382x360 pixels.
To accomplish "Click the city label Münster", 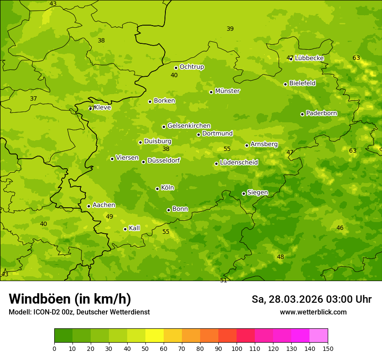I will coord(227,91).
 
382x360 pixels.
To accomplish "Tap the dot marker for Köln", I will coord(157,189).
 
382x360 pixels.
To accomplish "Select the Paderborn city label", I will coord(322,113).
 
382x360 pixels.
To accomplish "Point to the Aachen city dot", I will coord(89,206).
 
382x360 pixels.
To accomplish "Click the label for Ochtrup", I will coord(192,67).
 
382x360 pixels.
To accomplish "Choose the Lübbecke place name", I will coord(310,58).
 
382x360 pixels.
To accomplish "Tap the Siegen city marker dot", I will coord(244,193).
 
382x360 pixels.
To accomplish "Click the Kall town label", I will coord(135,228).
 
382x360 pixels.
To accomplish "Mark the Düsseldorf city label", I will coord(164,160).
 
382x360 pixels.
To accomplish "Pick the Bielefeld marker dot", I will coord(285,84).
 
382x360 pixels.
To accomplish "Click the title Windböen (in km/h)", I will coord(70,299).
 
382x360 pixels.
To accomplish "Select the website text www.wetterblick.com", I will coord(313,312).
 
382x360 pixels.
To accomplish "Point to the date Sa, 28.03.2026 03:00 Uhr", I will coord(311,299).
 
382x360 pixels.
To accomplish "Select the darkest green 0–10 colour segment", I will coord(63,336).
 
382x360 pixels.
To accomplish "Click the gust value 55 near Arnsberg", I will coord(227,149).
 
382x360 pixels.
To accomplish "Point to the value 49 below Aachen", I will coord(109,216).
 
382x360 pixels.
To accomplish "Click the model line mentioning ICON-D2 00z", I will coord(79,312).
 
